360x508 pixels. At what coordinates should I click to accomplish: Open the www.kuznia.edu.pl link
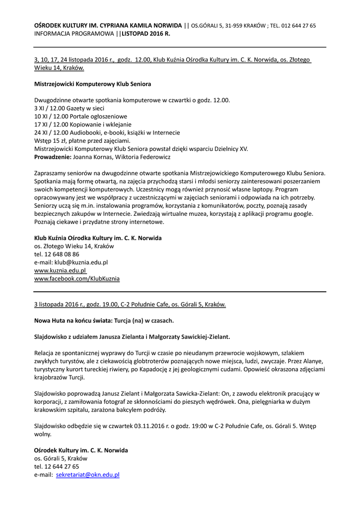coord(60,270)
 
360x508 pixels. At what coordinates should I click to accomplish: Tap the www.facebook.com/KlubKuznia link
coord(77,279)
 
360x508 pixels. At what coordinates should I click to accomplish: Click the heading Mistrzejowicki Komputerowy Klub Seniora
coord(93,84)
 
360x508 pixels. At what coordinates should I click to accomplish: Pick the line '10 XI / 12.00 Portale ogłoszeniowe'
coord(80,116)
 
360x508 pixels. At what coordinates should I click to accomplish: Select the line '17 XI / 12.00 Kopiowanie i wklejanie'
coord(83,125)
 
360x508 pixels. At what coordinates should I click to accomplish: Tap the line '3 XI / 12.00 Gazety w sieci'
coord(70,108)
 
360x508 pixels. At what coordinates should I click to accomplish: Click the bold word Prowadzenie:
coord(53,157)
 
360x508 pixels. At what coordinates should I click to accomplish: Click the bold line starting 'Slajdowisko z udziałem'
coord(132,336)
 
